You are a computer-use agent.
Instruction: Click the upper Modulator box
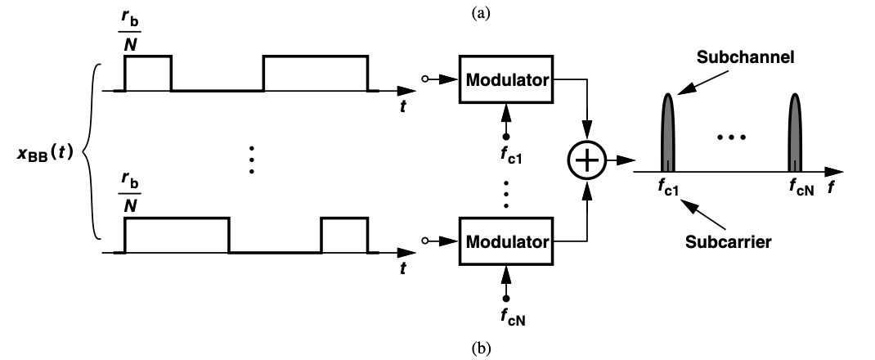click(x=506, y=80)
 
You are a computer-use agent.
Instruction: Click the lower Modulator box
click(x=506, y=241)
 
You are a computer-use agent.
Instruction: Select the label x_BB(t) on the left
click(x=48, y=155)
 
